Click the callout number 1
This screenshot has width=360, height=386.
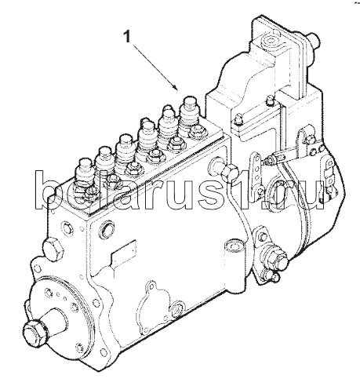pos(127,37)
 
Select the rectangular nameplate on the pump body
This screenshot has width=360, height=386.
pos(124,254)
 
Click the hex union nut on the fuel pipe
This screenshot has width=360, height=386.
pos(230,171)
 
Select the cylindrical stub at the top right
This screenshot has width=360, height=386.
pos(312,40)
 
